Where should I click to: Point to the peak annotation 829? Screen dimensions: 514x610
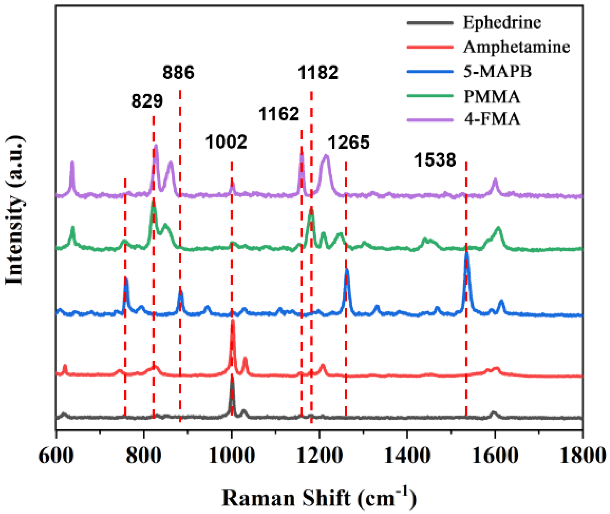click(x=147, y=101)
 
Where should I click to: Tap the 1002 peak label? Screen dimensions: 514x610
click(x=226, y=142)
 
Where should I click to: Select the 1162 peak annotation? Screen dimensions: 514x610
click(x=278, y=114)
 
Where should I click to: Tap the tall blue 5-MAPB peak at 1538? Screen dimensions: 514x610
click(x=467, y=256)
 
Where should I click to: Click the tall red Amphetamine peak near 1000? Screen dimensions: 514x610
click(x=233, y=323)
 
